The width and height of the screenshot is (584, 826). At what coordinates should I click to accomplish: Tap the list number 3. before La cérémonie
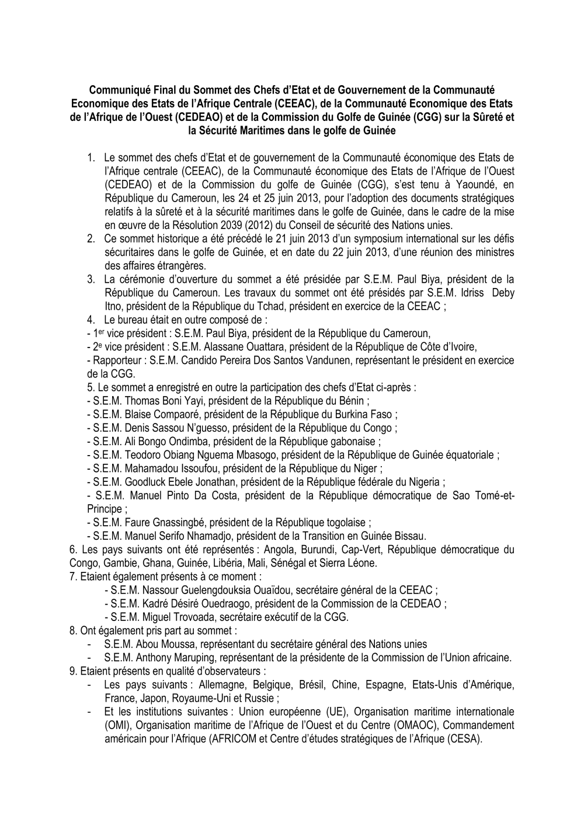coord(91,279)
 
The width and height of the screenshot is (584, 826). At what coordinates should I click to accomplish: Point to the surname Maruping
coord(193,658)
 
